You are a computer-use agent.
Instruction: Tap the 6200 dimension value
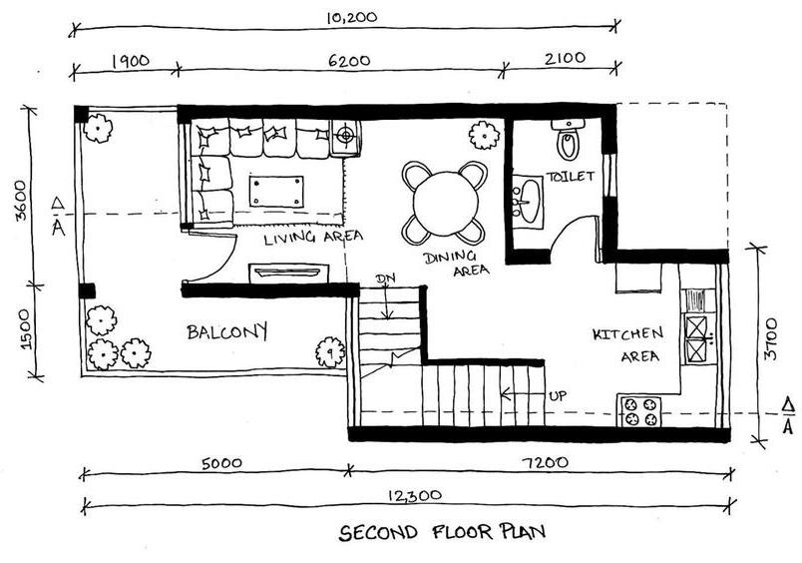pyautogui.click(x=348, y=60)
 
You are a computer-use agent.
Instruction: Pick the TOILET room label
pyautogui.click(x=570, y=177)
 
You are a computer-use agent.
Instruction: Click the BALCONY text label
pyautogui.click(x=227, y=332)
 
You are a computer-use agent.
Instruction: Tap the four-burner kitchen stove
pyautogui.click(x=641, y=411)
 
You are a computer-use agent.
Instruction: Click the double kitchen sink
pyautogui.click(x=696, y=337)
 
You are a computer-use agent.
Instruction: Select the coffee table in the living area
pyautogui.click(x=276, y=190)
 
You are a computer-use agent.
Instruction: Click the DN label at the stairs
pyautogui.click(x=385, y=279)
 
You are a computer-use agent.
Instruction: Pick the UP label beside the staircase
pyautogui.click(x=559, y=395)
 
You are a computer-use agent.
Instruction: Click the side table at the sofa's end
pyautogui.click(x=345, y=137)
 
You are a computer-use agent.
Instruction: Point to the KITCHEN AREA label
pyautogui.click(x=626, y=344)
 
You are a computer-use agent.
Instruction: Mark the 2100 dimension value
pyautogui.click(x=566, y=60)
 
